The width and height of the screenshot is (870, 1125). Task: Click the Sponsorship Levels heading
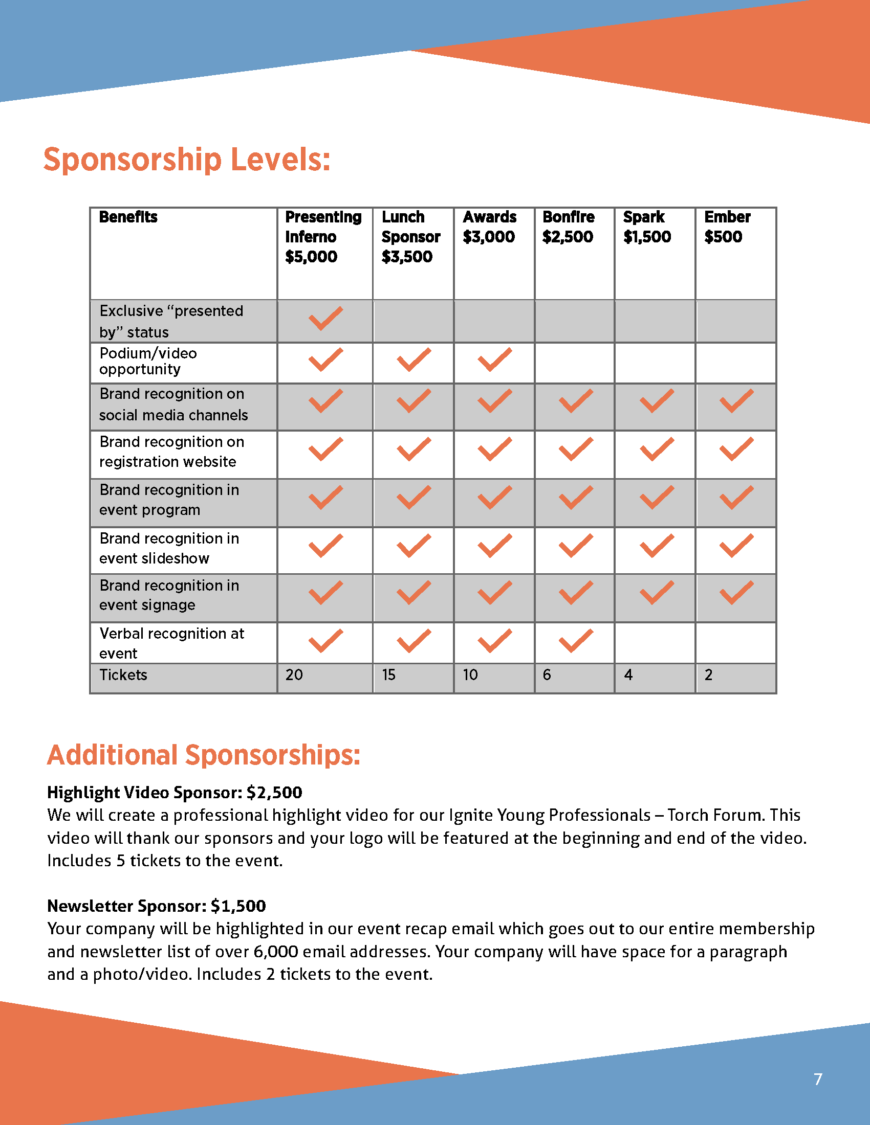(x=187, y=160)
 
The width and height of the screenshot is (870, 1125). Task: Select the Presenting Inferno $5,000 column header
(x=323, y=236)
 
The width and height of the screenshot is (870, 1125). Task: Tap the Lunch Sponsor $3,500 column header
(x=411, y=236)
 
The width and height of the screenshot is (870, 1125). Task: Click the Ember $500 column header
(x=727, y=227)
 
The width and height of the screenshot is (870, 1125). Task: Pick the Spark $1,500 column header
(x=647, y=227)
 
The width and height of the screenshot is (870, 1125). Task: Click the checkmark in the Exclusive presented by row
(x=325, y=319)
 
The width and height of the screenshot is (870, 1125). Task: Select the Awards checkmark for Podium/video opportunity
(x=494, y=359)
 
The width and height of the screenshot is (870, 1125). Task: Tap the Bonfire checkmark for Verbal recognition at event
(x=575, y=641)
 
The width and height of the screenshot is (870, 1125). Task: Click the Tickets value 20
(x=294, y=675)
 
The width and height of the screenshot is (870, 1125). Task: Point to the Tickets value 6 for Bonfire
(x=547, y=675)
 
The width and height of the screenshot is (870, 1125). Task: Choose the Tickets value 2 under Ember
(x=709, y=675)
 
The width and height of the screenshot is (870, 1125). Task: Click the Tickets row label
(x=123, y=675)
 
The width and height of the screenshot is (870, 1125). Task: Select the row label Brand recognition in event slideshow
(x=169, y=548)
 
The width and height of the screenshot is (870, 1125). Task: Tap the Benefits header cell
(x=128, y=217)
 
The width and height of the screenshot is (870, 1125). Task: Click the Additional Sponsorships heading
(x=203, y=755)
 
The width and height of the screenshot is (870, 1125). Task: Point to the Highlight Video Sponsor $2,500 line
(x=174, y=792)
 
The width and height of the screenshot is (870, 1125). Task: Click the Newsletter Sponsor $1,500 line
(x=156, y=906)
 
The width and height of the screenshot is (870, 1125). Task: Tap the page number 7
(x=818, y=1079)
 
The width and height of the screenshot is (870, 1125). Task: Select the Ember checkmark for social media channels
(x=736, y=401)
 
